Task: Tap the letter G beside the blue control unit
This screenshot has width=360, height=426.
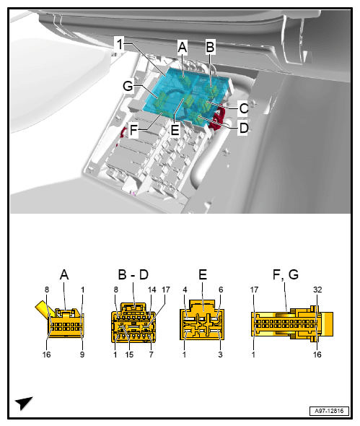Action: click(x=128, y=85)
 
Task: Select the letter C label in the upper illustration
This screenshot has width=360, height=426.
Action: click(x=243, y=108)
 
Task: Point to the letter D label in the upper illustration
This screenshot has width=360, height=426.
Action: click(x=243, y=128)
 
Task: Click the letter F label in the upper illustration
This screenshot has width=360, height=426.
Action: click(x=133, y=132)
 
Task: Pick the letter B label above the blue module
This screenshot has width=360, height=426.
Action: click(x=210, y=47)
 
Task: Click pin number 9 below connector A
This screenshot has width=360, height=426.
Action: click(x=83, y=355)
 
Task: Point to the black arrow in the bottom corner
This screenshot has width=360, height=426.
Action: click(x=23, y=403)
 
